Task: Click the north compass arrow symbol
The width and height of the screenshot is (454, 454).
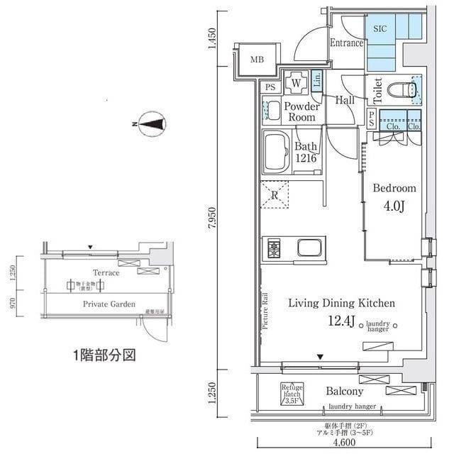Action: pos(151,124)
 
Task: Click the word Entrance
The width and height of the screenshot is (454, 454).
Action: pos(346,43)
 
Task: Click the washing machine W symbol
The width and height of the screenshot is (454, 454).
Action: pos(296,83)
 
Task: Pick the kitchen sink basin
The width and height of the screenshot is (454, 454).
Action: pos(311,249)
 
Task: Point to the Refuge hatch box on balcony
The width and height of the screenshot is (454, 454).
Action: pos(292,393)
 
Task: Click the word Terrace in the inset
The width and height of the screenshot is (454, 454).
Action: pos(106,272)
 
